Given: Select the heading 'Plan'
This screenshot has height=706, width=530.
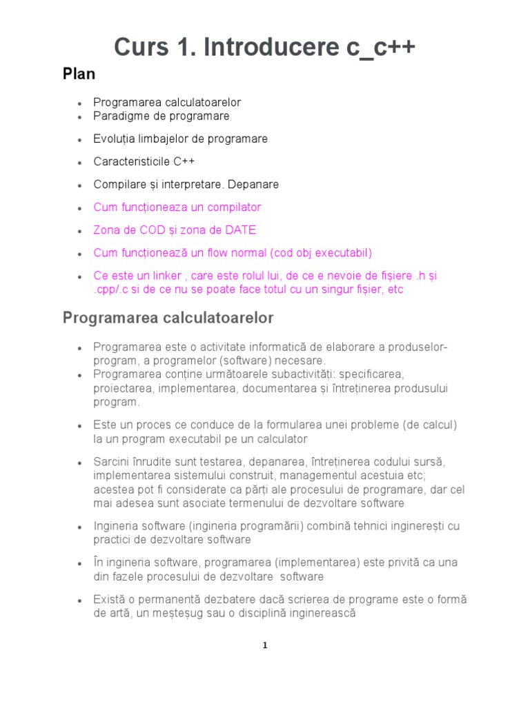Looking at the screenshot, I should point(79,74).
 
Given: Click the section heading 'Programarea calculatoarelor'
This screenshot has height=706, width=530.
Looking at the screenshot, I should point(168,318).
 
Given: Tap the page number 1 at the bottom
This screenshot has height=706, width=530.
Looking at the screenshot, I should point(265,645).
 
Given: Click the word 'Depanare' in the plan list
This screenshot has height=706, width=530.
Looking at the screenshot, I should point(256,184).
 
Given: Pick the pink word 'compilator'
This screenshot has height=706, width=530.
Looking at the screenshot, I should point(234,207).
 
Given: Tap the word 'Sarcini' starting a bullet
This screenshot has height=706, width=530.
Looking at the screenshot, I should point(112,461).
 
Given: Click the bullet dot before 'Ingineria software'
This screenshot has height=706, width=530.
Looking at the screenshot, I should point(81,527).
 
